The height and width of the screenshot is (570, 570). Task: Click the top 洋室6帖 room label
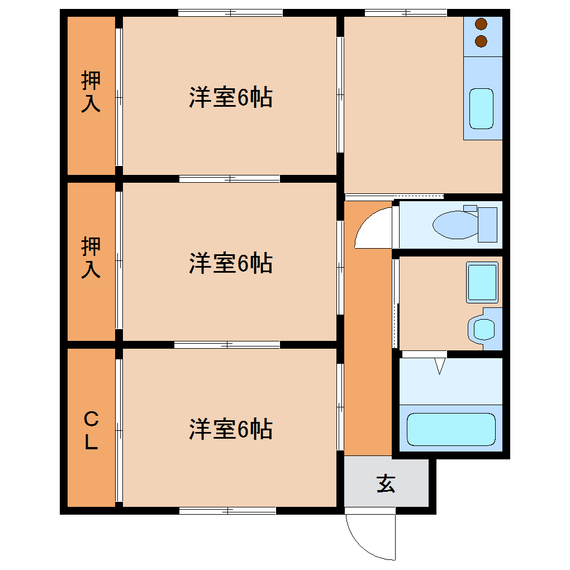point(230,98)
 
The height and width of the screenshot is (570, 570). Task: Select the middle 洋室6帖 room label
point(230,263)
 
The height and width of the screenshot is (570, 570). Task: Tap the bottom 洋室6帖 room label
point(230,429)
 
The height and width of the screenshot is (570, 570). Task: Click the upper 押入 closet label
point(91,92)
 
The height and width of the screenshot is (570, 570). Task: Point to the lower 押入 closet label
point(91,258)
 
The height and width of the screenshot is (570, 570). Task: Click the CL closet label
point(91,430)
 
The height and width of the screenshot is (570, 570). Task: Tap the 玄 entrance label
point(386,484)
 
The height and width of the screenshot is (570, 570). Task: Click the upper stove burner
point(481,25)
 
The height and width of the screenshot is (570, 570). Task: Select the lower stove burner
point(481,41)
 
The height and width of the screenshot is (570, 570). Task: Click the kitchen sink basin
point(481,108)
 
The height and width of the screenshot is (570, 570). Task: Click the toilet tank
point(487,224)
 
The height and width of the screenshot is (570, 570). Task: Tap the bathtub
point(451,429)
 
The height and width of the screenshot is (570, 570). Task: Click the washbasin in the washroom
point(483,329)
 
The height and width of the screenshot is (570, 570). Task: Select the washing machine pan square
point(482,283)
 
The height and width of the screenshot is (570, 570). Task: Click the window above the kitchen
point(406,12)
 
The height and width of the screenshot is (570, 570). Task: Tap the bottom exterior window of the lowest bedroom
point(227,510)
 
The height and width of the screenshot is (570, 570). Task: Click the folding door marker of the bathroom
point(440,366)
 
